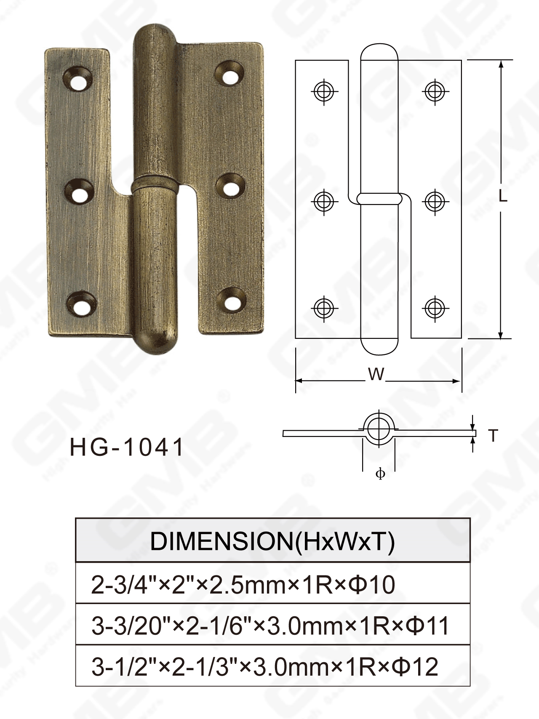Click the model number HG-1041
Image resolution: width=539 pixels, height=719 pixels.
pos(127,447)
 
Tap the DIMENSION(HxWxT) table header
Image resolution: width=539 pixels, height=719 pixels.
pos(272,541)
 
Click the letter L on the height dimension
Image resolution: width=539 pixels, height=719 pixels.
pos(503,196)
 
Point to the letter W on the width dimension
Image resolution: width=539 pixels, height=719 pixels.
pos(376,374)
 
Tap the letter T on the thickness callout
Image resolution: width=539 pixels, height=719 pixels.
pos(493,436)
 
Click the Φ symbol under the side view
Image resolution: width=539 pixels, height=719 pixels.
pos(380,474)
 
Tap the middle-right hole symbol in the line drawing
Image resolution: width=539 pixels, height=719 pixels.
pos(435,201)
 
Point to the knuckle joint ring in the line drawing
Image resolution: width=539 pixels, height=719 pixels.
pos(379,199)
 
